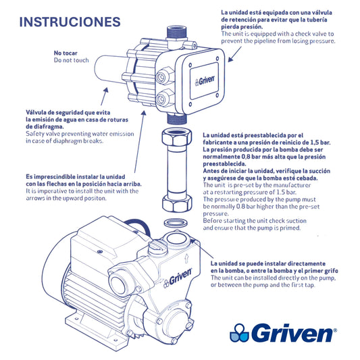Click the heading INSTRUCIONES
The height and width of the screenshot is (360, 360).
(x=70, y=22)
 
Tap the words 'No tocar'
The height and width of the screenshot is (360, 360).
(x=66, y=53)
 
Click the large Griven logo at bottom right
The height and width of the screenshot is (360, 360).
(x=283, y=333)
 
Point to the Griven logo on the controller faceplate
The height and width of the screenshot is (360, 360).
(x=205, y=81)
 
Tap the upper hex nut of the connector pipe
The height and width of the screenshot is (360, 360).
(x=176, y=137)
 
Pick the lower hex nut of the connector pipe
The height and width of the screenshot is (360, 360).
(x=177, y=203)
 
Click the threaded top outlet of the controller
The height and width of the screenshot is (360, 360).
(x=176, y=32)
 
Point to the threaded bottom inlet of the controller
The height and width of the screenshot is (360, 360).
(x=177, y=118)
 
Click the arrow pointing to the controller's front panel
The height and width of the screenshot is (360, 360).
(x=234, y=54)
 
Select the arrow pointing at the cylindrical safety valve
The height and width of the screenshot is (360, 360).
(x=105, y=96)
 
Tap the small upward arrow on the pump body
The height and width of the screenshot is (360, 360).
(x=186, y=258)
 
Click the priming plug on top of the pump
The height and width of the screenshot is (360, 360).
(x=156, y=247)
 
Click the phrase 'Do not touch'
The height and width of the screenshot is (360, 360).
(x=71, y=60)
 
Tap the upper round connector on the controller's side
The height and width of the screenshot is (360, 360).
(x=163, y=76)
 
